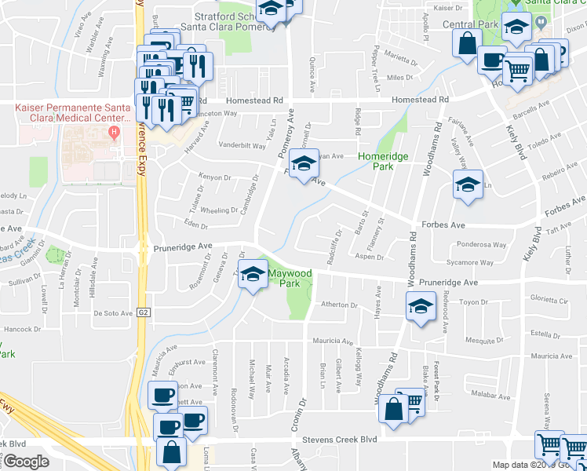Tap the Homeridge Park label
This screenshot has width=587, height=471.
(x=384, y=162)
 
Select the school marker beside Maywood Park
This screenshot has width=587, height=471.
(x=253, y=276)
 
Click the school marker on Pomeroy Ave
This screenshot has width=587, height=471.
(x=301, y=165)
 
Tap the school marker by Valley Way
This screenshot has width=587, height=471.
(x=468, y=186)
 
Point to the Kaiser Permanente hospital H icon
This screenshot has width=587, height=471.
(x=115, y=130)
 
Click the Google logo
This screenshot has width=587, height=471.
(x=26, y=462)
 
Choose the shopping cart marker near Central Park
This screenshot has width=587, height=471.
(x=518, y=71)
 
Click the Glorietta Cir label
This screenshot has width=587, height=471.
(x=547, y=299)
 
